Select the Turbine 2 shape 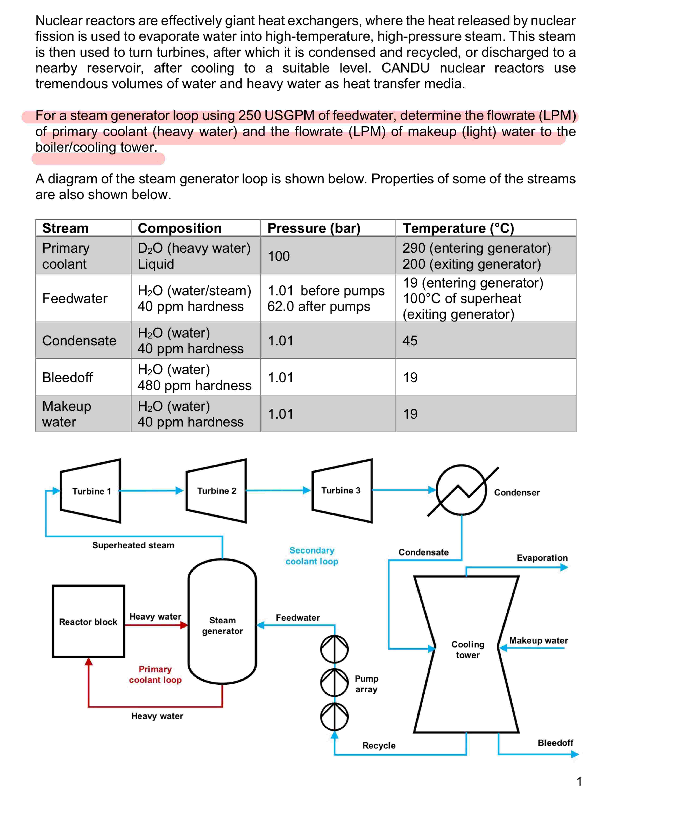216,491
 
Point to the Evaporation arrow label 542,558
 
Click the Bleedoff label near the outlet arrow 555,743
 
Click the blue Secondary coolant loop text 312,556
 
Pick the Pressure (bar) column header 314,228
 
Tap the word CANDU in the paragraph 405,68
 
